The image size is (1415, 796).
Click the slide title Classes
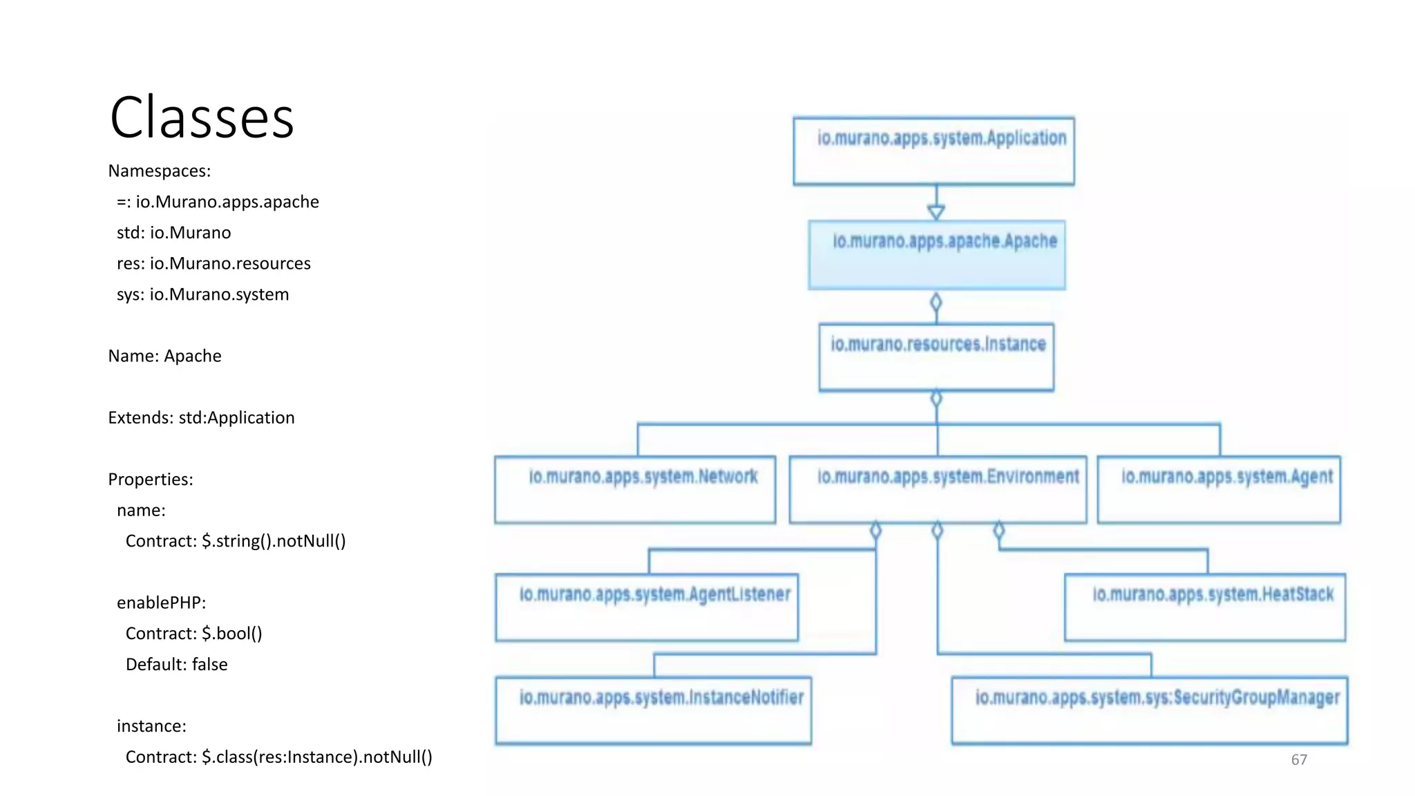202,117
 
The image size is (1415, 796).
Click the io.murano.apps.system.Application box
933,151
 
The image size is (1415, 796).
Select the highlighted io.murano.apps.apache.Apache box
937,254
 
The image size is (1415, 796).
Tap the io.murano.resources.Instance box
936,357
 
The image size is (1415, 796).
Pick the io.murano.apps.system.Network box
635,489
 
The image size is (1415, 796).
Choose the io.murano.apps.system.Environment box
938,489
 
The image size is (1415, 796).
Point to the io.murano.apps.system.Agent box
1219,489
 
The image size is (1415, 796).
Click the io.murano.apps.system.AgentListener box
647,607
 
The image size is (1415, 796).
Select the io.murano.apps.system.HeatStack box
1205,607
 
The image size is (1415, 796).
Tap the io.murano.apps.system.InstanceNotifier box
654,710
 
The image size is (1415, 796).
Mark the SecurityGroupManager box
1150,710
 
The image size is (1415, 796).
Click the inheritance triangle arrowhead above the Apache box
936,212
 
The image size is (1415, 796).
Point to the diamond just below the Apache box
936,303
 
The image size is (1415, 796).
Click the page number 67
1299,759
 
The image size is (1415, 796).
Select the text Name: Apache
164,356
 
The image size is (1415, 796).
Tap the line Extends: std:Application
201,417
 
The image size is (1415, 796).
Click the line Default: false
176,664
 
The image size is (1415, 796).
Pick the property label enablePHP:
161,603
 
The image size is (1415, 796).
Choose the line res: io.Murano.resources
213,263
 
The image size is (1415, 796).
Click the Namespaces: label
159,171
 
